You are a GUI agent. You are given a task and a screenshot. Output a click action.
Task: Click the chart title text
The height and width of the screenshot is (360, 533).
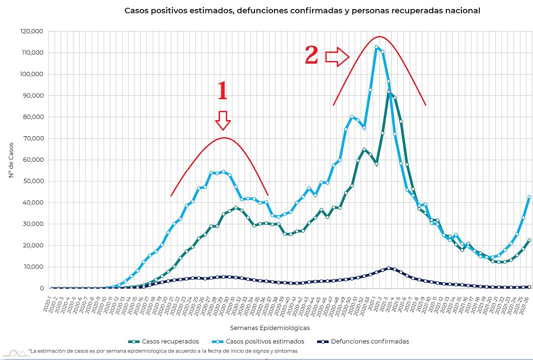[x=302, y=11]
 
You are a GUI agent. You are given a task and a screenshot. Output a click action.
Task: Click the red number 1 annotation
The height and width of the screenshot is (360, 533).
[x=222, y=92]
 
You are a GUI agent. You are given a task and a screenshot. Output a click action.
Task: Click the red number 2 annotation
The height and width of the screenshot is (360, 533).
[x=312, y=55]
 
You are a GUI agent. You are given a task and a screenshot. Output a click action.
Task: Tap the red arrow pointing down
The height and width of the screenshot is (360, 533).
[x=222, y=120]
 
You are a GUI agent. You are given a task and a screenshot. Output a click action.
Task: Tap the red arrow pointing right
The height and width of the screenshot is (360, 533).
[x=337, y=57]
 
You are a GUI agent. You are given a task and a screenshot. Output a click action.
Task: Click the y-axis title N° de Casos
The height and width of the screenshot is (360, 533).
[x=11, y=160]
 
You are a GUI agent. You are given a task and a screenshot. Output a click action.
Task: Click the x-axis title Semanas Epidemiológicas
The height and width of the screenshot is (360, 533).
[x=270, y=328]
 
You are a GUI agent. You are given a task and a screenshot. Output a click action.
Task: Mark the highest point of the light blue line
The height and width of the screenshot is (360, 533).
[x=376, y=47]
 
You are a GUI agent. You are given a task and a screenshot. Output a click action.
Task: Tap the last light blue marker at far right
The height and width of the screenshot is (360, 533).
[x=529, y=197]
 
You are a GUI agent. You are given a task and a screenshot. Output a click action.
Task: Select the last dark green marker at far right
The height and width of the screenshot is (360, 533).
[x=529, y=240]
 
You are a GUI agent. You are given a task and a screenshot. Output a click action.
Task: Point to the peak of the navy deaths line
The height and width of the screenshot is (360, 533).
[x=389, y=268]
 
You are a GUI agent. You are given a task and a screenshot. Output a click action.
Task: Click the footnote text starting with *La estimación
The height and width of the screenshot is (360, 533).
[x=163, y=351]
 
